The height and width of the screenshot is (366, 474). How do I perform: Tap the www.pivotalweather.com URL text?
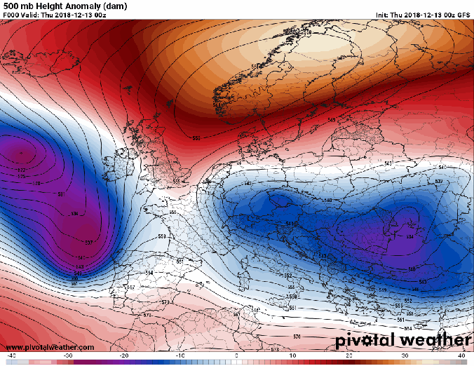pos(49,347)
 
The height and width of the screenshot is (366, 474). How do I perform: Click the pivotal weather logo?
pos(402,340)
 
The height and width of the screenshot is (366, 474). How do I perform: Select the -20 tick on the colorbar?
pos(123,356)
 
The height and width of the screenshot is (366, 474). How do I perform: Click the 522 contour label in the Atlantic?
pos(20,170)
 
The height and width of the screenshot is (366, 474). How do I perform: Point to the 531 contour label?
pos(61,194)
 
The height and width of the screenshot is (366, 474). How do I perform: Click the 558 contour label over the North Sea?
pos(196,138)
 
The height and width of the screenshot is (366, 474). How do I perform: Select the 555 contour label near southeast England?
pos(176,182)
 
